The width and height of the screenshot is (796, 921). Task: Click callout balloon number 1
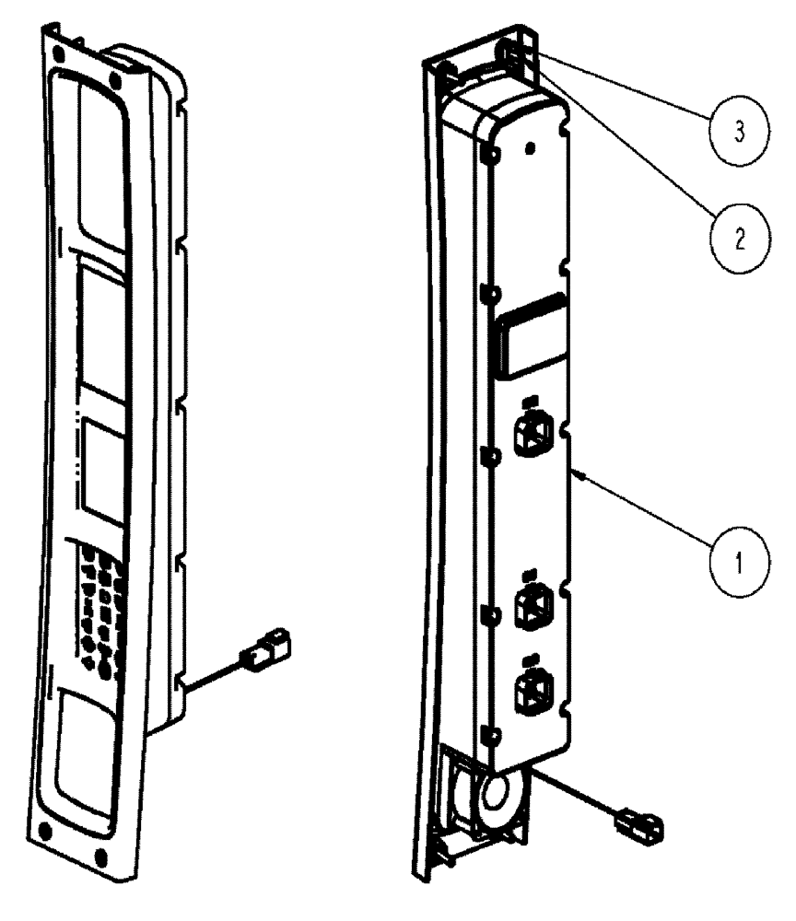coord(732,558)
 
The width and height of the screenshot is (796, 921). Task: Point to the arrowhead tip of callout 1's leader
coord(573,472)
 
